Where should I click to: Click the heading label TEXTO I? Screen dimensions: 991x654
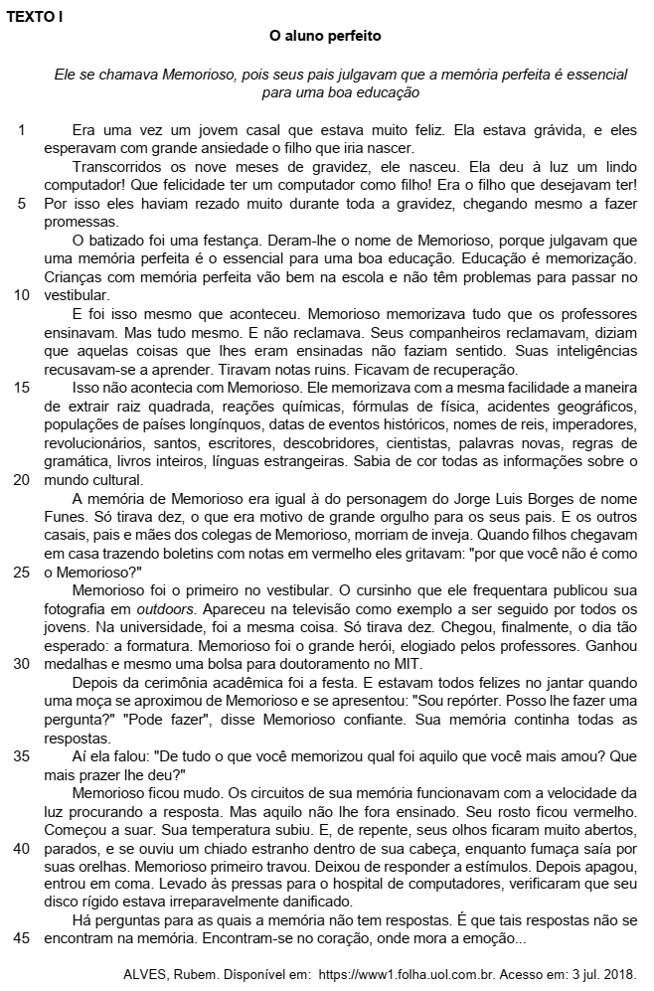click(35, 17)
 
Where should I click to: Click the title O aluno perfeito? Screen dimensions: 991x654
click(326, 36)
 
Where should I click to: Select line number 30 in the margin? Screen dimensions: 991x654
click(21, 664)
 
